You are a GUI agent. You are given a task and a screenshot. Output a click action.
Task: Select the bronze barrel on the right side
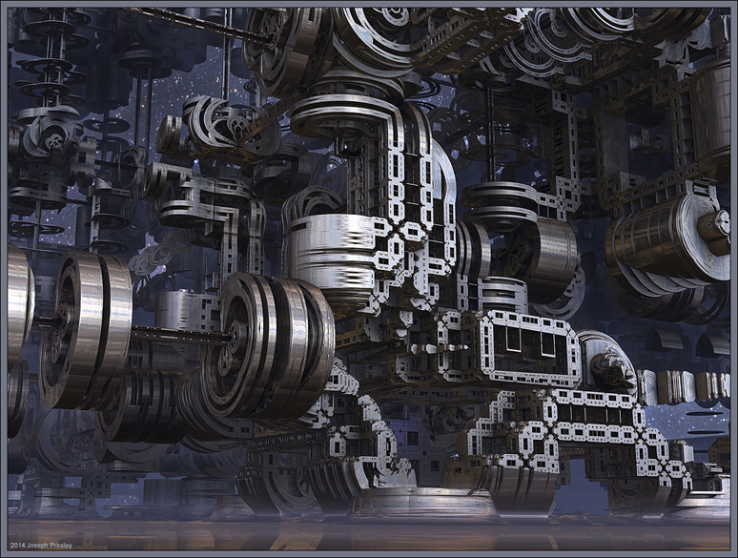[x=659, y=240]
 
